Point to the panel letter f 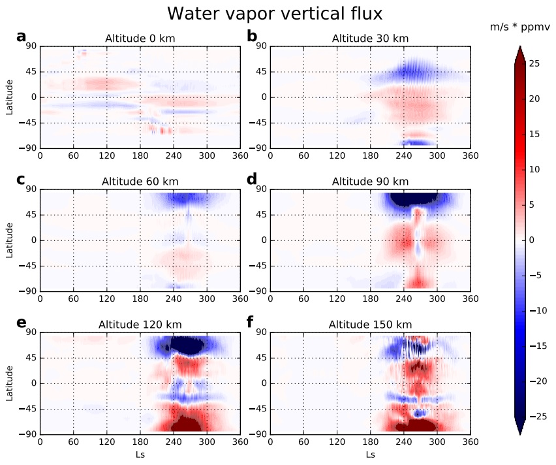tap(252, 322)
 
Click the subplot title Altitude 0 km tap(140, 39)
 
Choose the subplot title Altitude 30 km tap(370, 39)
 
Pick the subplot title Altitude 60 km tap(140, 181)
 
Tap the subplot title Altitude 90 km tap(370, 181)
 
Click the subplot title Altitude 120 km tap(140, 324)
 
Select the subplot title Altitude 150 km tap(370, 324)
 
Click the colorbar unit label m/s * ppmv tap(519, 27)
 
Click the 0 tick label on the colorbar tap(532, 240)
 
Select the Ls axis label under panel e tap(140, 455)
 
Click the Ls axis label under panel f tap(370, 455)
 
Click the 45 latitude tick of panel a tap(30, 71)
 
